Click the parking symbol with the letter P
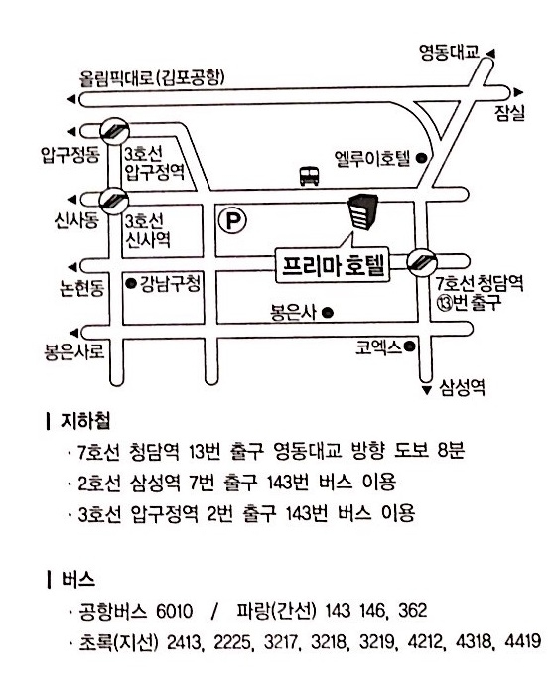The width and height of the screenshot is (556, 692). click(232, 220)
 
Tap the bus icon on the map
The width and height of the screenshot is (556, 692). click(310, 176)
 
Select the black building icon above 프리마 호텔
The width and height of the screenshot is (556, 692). click(362, 211)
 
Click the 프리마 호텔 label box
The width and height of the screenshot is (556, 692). click(333, 265)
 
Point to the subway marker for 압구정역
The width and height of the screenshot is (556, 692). click(114, 131)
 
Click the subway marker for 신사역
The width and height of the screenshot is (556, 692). click(113, 201)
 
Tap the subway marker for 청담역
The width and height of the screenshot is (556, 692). click(421, 262)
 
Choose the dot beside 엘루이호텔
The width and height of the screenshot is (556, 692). click(422, 158)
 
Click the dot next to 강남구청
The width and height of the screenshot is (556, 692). click(131, 283)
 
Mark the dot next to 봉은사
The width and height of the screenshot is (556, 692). click(327, 313)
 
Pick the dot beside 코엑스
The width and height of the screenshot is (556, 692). click(410, 346)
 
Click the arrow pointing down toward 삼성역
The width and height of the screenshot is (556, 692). click(426, 390)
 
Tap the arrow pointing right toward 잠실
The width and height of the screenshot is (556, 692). click(518, 92)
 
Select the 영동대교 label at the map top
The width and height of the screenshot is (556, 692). click(449, 53)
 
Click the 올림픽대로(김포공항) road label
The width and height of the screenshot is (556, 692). click(152, 78)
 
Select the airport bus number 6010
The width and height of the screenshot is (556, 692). click(175, 611)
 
